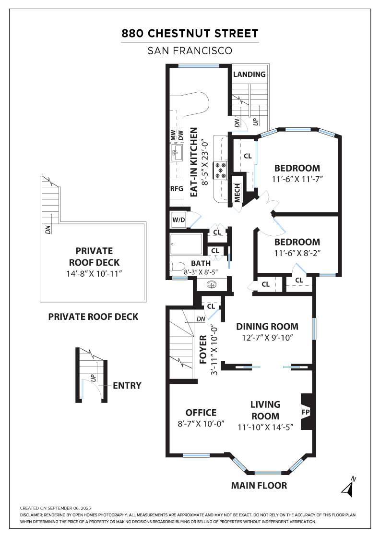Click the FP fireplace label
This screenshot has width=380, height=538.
[x=305, y=411]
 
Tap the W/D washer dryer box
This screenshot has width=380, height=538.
[x=178, y=220]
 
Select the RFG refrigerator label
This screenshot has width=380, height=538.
[x=177, y=189]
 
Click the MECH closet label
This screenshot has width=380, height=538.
[x=237, y=193]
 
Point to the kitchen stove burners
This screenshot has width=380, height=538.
[x=220, y=170]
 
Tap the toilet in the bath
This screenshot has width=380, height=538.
[x=177, y=267]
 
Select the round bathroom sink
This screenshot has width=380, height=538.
[x=212, y=284]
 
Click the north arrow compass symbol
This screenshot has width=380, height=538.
[x=348, y=487]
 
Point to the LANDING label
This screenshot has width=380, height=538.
[x=249, y=74]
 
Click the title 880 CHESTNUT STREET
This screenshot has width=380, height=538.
[x=190, y=34]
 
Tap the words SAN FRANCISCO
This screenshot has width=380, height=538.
[x=190, y=51]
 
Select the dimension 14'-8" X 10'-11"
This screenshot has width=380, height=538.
[x=94, y=274]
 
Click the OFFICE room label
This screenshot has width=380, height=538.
[x=201, y=413]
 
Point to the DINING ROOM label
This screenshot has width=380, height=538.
[x=267, y=327]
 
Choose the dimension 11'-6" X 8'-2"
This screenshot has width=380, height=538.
[x=297, y=253]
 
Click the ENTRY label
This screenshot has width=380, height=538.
[x=127, y=386]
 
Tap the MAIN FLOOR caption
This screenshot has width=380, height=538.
[x=259, y=486]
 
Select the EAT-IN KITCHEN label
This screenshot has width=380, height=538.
[x=193, y=162]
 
